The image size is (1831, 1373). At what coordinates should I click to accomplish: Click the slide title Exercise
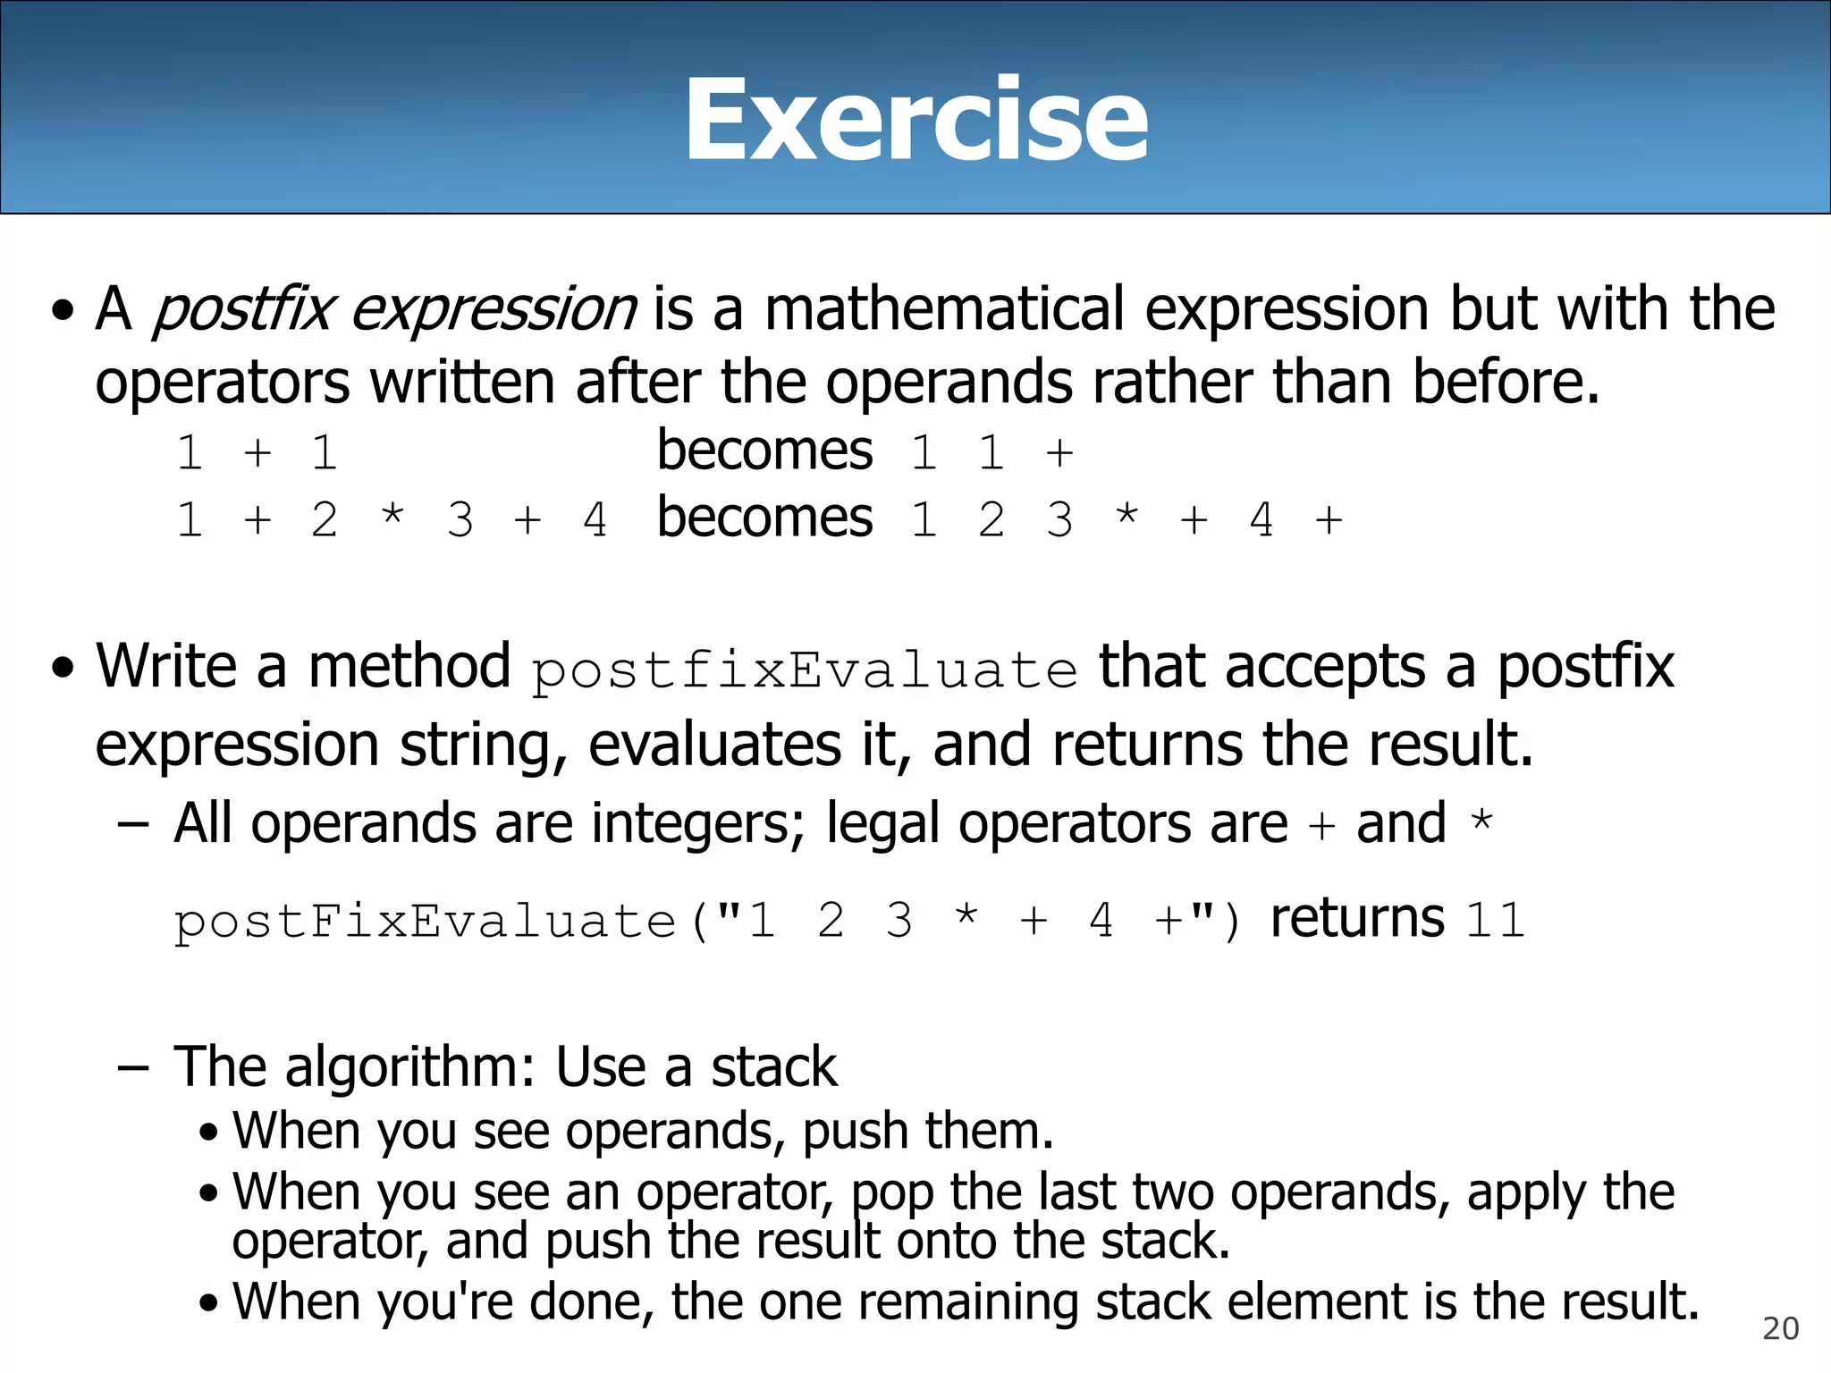pyautogui.click(x=915, y=121)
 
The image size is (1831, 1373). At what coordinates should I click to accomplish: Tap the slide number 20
pyautogui.click(x=1780, y=1329)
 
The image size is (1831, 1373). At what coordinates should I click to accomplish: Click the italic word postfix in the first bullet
pyautogui.click(x=243, y=310)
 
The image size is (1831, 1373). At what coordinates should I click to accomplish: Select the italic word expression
pyautogui.click(x=494, y=310)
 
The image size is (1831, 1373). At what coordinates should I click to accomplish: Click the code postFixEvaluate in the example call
pyautogui.click(x=426, y=922)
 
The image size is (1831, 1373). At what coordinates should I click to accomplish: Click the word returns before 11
pyautogui.click(x=1357, y=919)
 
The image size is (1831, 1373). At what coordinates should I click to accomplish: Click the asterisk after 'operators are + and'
pyautogui.click(x=1481, y=819)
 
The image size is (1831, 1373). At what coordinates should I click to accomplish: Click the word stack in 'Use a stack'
pyautogui.click(x=774, y=1067)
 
